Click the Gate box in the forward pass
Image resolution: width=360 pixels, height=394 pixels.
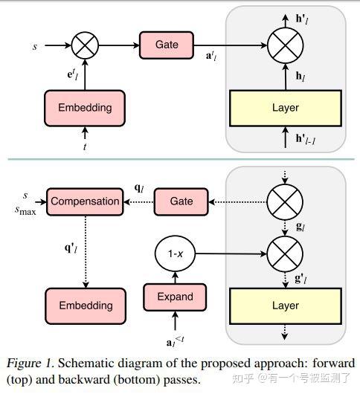(167, 45)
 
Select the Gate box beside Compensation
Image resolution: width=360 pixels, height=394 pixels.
(181, 201)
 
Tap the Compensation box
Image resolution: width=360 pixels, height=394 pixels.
(85, 201)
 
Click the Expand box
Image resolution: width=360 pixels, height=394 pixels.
(175, 297)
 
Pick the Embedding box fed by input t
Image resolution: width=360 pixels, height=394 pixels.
(85, 108)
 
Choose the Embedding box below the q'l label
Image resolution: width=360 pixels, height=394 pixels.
(86, 306)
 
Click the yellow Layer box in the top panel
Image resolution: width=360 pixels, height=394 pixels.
(286, 108)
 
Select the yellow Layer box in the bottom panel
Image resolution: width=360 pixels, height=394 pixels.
(286, 306)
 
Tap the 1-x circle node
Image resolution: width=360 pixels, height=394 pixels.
(175, 253)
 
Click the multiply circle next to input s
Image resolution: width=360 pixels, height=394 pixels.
(85, 45)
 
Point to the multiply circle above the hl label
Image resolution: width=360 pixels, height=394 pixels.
(286, 45)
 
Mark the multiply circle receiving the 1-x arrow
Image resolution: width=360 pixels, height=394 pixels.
(285, 253)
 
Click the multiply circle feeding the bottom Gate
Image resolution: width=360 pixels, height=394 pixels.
(285, 202)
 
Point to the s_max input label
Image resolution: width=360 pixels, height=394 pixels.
(25, 210)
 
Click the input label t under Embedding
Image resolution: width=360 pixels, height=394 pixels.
(85, 146)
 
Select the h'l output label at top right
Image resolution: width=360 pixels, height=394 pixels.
(302, 19)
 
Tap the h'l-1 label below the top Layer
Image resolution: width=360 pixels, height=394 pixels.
(305, 139)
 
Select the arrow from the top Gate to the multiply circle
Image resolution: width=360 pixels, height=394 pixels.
(231, 45)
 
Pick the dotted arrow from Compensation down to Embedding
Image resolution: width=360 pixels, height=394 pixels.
(86, 252)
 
